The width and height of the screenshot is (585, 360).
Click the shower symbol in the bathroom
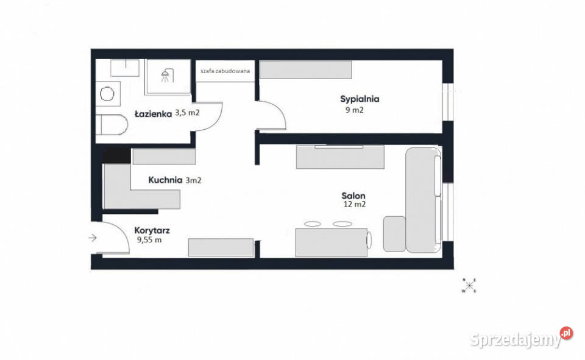pyautogui.click(x=168, y=76)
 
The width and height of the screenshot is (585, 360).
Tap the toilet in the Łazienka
pyautogui.click(x=112, y=125)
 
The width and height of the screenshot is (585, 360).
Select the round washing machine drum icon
pyautogui.click(x=107, y=94)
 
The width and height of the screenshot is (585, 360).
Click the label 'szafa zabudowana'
pyautogui.click(x=225, y=71)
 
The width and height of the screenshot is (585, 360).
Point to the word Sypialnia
pyautogui.click(x=360, y=99)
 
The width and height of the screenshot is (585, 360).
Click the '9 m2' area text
pyautogui.click(x=355, y=110)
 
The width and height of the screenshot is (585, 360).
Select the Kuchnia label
pyautogui.click(x=165, y=180)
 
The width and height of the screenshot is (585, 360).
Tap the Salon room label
pyautogui.click(x=353, y=196)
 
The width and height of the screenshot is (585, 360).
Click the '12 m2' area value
pyautogui.click(x=355, y=205)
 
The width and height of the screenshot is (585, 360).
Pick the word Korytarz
pyautogui.click(x=152, y=230)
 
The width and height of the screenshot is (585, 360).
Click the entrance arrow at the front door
pyautogui.click(x=93, y=238)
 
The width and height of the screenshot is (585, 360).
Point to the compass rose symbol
pyautogui.click(x=469, y=286)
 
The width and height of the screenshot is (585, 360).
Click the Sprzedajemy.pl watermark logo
pyautogui.click(x=521, y=337)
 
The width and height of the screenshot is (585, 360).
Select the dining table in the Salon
pyautogui.click(x=331, y=243)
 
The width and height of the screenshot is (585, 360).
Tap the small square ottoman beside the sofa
pyautogui.click(x=394, y=233)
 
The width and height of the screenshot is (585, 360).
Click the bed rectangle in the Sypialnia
pyautogui.click(x=305, y=70)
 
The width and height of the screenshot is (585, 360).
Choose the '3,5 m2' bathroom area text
pyautogui.click(x=187, y=112)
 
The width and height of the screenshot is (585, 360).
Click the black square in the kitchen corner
pyautogui.click(x=116, y=155)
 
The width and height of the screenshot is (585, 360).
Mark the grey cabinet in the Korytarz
pyautogui.click(x=221, y=247)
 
